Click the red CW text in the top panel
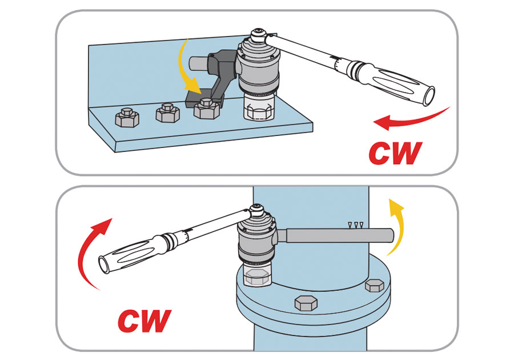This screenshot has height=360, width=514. pyautogui.click(x=395, y=153)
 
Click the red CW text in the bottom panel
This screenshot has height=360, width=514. pyautogui.click(x=144, y=321)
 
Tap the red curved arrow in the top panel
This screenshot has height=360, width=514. pyautogui.click(x=411, y=118)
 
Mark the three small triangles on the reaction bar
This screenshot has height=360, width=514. pyautogui.click(x=357, y=225)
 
